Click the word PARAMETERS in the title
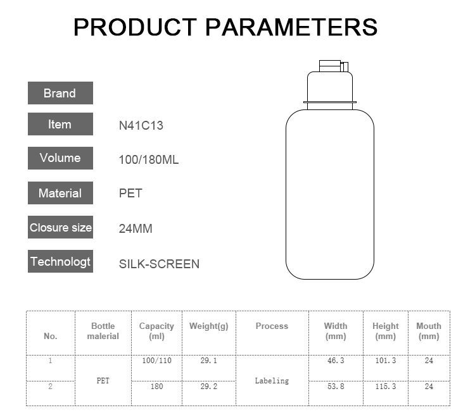point(291,27)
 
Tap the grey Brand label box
point(60,93)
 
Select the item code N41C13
point(141,125)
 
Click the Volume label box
point(60,158)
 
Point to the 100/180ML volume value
point(148,159)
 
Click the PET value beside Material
point(130,193)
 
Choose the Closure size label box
point(60,227)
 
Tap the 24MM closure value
point(136,228)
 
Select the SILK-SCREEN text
point(159,264)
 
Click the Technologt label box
point(60,261)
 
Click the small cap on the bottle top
point(334,66)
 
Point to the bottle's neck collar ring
point(330,102)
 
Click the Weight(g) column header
point(209,326)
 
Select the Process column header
point(272,326)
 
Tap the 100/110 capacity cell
point(156,361)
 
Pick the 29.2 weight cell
point(209,387)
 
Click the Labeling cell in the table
point(272,381)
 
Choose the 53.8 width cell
point(336,387)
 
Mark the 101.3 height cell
point(385,361)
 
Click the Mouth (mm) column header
point(429,331)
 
